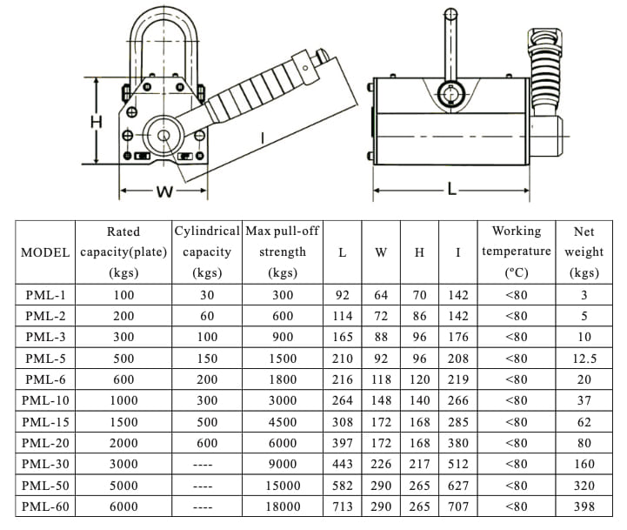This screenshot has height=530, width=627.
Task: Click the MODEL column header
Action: pos(45,252)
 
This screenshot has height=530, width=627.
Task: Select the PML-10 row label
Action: pos(45,400)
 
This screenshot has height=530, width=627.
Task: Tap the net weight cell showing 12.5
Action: pos(584,359)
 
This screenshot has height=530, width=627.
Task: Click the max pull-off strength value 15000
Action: pos(282,485)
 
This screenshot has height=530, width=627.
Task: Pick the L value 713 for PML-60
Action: pos(342,506)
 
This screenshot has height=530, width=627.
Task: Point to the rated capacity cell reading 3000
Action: pos(123,464)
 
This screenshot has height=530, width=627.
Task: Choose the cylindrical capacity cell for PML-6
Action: pos(207,379)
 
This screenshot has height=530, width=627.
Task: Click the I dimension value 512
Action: pos(457,464)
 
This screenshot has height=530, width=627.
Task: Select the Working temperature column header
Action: pos(516,252)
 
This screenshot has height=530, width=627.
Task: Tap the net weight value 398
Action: pos(584,506)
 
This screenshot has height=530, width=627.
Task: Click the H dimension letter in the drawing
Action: pos(97,123)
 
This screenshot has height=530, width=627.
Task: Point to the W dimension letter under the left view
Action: pos(163,192)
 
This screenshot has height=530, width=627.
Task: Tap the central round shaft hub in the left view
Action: pos(163,136)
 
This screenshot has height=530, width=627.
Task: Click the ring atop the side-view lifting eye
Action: pos(450,14)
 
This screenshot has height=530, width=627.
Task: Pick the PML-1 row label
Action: pos(45,295)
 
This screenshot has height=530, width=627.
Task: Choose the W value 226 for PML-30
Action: pos(381,464)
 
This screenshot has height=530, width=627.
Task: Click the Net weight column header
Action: pos(584,252)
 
